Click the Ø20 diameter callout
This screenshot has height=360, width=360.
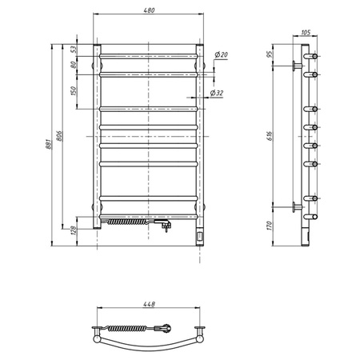coord(222,54)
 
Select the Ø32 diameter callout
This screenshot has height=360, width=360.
coord(217,94)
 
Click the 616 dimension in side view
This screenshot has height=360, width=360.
coord(271,138)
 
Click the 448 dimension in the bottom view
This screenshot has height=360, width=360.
coord(148,304)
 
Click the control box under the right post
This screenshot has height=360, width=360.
coord(199,235)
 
